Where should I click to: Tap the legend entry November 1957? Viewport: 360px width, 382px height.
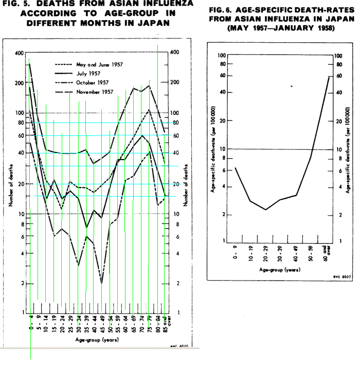[95, 92]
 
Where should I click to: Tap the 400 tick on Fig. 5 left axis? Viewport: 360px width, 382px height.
[20, 53]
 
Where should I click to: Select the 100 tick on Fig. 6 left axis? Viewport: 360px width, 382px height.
[221, 55]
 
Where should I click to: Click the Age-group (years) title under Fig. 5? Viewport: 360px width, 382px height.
[98, 339]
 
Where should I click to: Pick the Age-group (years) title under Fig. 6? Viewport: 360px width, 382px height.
[280, 269]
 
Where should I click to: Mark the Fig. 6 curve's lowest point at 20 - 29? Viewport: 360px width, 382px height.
[265, 210]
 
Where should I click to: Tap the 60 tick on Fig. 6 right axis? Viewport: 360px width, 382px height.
[338, 75]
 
